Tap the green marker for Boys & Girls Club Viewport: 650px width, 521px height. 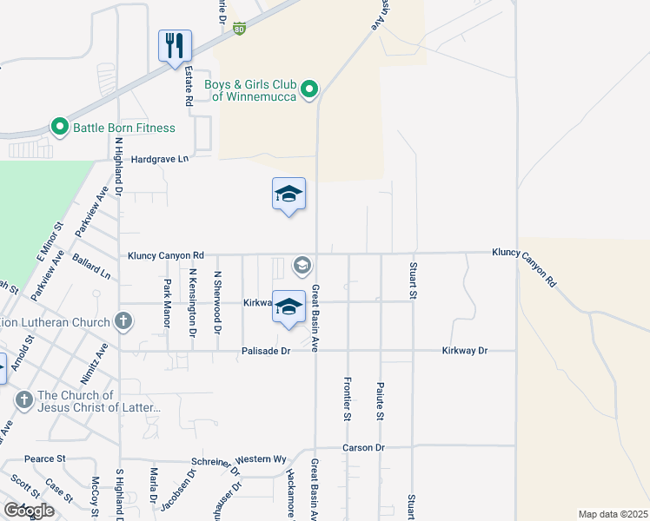pos(308,89)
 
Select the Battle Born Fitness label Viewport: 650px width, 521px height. pos(124,128)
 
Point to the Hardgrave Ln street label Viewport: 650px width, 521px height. pos(159,160)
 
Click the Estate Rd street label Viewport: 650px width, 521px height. pos(188,88)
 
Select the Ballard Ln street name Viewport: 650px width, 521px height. pos(92,267)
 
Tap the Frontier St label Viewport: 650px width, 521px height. pos(347,399)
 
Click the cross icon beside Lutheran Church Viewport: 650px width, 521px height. pos(123,322)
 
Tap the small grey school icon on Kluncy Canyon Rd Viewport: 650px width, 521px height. pos(302,264)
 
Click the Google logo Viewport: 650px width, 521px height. pos(29,511)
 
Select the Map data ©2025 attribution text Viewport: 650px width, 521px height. pos(612,514)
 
